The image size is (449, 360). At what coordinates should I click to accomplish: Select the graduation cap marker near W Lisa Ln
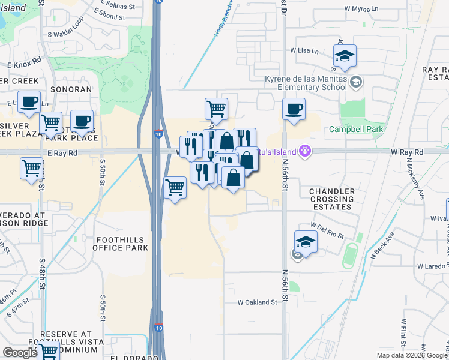coord(345,56)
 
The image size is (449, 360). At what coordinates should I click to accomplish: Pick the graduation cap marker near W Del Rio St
coord(306,242)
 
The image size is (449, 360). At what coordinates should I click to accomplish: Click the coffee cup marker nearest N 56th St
coord(294,110)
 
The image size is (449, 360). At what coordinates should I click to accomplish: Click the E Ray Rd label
coord(60,153)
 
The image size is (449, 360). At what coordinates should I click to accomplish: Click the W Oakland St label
coord(258,302)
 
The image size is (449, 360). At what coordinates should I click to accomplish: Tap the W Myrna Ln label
coord(363,9)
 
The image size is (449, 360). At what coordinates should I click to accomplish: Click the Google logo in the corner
coord(20,353)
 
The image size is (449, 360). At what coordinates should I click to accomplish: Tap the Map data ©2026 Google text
coord(412,355)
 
